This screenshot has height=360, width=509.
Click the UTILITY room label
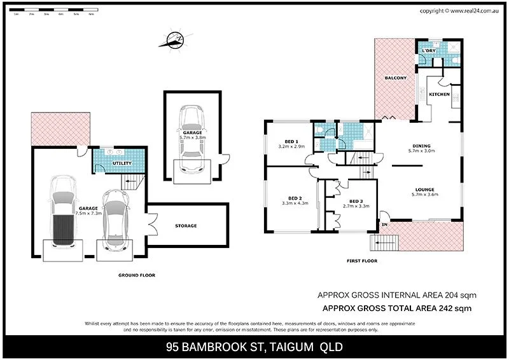pyautogui.click(x=122, y=163)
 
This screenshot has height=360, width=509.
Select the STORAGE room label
pyautogui.click(x=186, y=226)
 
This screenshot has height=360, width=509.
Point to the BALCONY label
pyautogui.click(x=396, y=78)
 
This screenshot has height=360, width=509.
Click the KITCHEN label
pyautogui.click(x=439, y=94)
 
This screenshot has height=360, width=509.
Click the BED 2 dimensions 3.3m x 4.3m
pyautogui.click(x=295, y=204)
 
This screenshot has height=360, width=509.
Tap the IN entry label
pyautogui.click(x=384, y=225)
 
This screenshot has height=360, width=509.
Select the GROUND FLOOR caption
pyautogui.click(x=137, y=275)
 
